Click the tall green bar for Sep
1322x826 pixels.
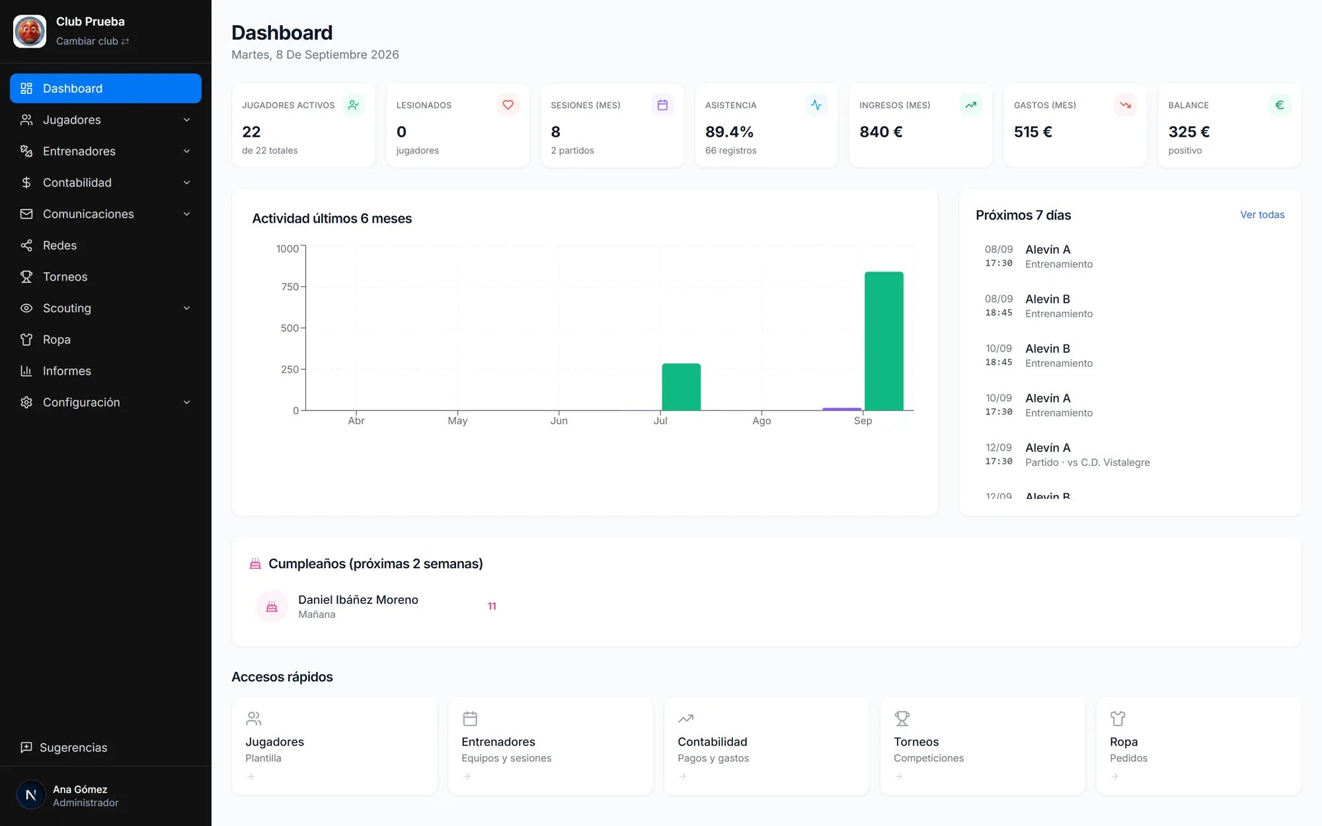884,341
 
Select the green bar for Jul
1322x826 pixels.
681,387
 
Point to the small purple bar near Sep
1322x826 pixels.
841,409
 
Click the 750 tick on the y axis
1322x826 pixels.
290,287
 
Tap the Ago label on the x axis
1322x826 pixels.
761,421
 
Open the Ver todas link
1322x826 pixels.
1262,215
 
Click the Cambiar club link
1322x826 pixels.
93,41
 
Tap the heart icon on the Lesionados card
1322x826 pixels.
508,105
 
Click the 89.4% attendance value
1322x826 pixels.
729,132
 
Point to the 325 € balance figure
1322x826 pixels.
1188,132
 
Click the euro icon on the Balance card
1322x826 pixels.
1279,105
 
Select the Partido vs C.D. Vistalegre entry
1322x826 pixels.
1087,463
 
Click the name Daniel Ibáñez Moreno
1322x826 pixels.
358,600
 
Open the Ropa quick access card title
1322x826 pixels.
1124,742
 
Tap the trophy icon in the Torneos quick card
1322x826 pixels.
902,718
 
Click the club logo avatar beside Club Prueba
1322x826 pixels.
30,31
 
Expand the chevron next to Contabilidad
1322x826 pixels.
186,183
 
